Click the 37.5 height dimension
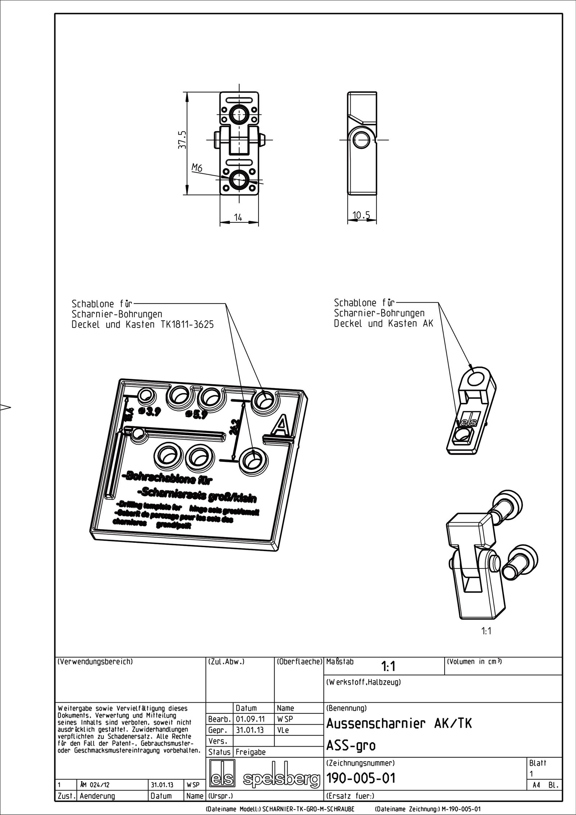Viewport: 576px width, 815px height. [183, 140]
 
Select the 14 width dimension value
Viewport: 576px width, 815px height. [238, 217]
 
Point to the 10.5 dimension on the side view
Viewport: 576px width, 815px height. [361, 215]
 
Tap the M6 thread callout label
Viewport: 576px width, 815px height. [197, 167]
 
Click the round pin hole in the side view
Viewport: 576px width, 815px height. [363, 139]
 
